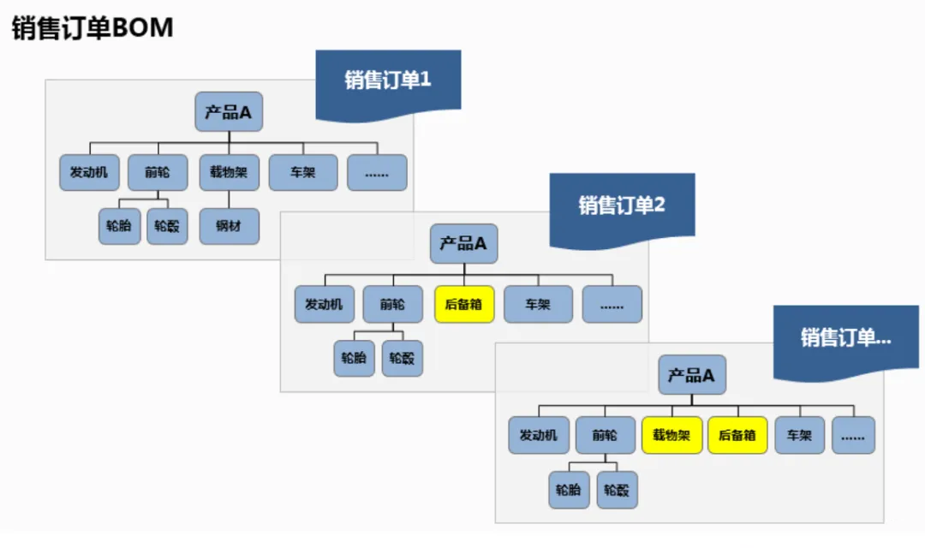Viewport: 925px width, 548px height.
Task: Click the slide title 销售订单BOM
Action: [x=92, y=27]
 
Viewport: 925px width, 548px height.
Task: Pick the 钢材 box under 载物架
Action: [x=229, y=226]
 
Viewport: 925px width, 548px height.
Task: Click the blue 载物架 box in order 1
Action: [x=229, y=172]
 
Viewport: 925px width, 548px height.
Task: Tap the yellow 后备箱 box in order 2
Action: [x=464, y=304]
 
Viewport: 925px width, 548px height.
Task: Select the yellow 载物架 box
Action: [x=672, y=435]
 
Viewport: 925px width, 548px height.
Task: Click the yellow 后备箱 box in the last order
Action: [x=737, y=435]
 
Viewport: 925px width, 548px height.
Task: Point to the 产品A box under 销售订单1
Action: [x=229, y=111]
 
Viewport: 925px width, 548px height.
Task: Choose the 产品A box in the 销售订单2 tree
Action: [x=463, y=244]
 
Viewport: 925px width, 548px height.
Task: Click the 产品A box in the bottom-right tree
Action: [x=692, y=374]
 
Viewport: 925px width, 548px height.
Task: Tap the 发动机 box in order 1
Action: [x=89, y=172]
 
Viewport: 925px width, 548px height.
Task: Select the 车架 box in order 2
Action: [x=538, y=304]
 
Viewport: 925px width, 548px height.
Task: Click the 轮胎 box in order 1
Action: [x=119, y=226]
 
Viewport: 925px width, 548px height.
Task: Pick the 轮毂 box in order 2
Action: [x=403, y=358]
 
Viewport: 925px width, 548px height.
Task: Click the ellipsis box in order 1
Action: [x=377, y=172]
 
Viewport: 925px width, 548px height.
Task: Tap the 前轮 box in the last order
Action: [x=606, y=435]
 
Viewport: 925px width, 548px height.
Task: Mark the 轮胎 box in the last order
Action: [x=569, y=490]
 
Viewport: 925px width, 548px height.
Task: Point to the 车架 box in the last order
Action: [x=799, y=435]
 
